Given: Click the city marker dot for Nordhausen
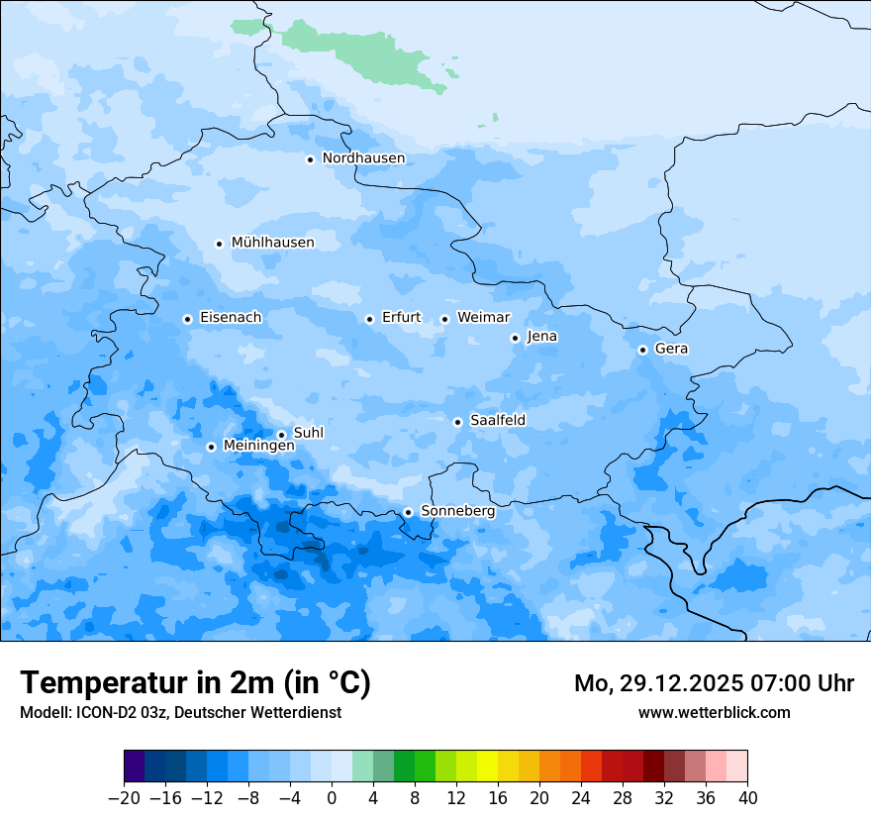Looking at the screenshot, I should point(310,159).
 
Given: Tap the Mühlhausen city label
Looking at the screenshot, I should point(272,243).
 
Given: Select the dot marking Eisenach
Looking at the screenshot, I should point(187,319).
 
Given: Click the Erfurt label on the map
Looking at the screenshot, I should point(401,318).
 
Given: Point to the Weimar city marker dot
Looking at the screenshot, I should point(444,319).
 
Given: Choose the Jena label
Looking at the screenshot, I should point(541,337).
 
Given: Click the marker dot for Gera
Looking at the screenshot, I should point(642,350).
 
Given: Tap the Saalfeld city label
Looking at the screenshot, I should point(497,421).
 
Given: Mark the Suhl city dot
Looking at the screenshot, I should point(281,435).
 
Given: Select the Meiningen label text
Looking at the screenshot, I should point(258,447).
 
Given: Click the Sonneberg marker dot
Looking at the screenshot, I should point(408,512).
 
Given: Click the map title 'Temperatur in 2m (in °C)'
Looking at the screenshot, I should point(195,683).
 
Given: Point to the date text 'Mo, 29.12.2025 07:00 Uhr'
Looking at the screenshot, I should point(714,683).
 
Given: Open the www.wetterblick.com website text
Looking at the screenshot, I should point(714,712).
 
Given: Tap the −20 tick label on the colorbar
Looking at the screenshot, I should point(124,798).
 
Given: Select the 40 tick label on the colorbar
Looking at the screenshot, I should point(747,798).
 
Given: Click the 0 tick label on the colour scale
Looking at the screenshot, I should point(332,798).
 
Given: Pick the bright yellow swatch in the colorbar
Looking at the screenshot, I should point(487,767).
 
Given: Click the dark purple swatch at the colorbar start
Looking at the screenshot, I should point(134,767).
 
